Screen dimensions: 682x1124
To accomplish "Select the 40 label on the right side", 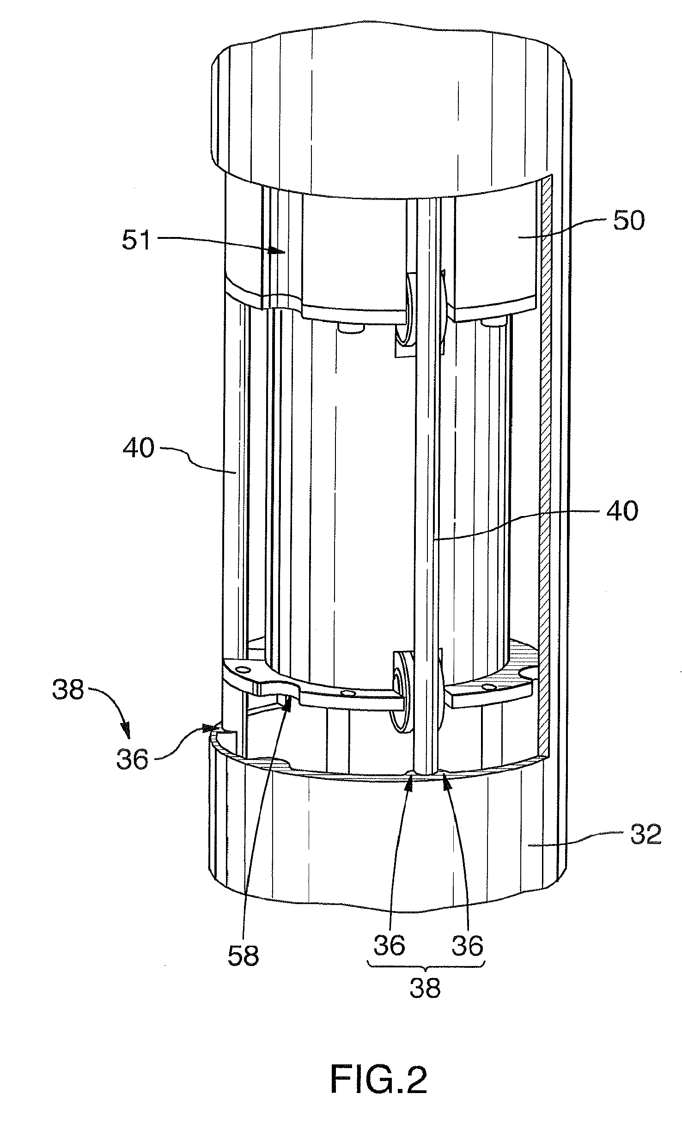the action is [x=622, y=511].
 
